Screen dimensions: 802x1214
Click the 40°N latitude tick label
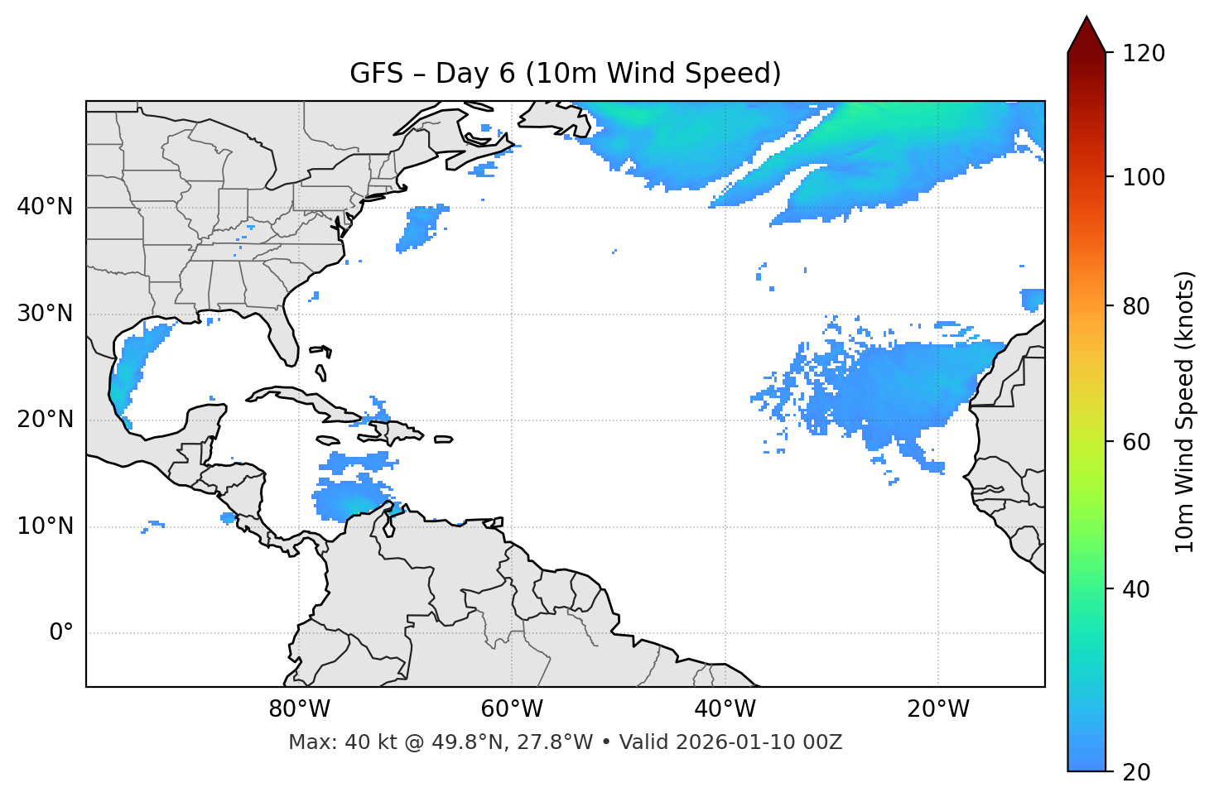pyautogui.click(x=45, y=207)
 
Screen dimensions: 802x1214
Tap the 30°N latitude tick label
pyautogui.click(x=45, y=314)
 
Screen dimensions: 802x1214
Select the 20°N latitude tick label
pyautogui.click(x=45, y=420)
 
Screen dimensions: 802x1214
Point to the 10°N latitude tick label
pyautogui.click(x=45, y=526)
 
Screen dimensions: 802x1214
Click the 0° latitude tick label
pyautogui.click(x=60, y=633)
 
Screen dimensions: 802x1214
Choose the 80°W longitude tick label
pyautogui.click(x=299, y=709)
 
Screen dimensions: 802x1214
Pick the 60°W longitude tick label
pyautogui.click(x=512, y=709)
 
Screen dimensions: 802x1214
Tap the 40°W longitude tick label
pyautogui.click(x=725, y=709)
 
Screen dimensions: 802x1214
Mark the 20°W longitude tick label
pyautogui.click(x=938, y=709)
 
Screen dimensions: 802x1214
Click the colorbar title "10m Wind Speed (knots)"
pyautogui.click(x=1185, y=411)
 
